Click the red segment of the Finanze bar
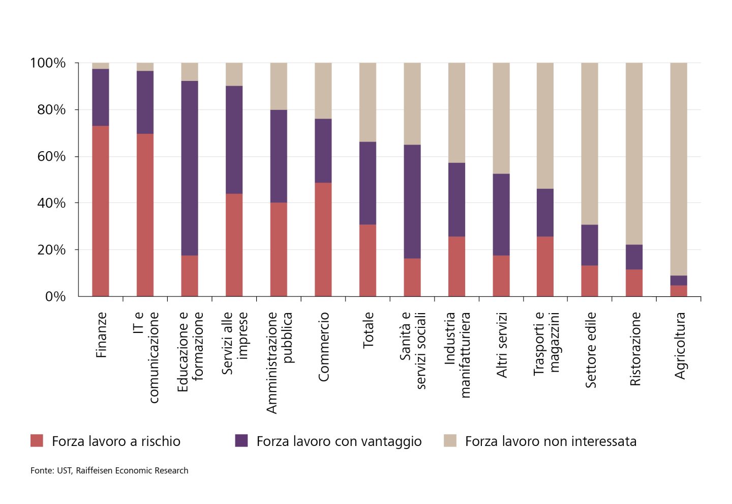click(x=101, y=211)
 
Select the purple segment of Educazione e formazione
click(x=190, y=168)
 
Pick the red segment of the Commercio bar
click(x=323, y=239)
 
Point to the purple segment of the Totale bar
click(x=368, y=183)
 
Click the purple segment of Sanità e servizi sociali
click(x=412, y=202)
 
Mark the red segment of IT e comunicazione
click(x=145, y=215)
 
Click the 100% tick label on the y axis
click(x=48, y=63)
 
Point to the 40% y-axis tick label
click(x=51, y=203)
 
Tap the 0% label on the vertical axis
click(x=55, y=297)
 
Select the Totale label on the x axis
click(x=368, y=330)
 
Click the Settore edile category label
click(x=591, y=350)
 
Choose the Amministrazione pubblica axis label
click(x=279, y=362)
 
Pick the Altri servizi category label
click(x=502, y=345)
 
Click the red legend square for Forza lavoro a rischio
click(x=37, y=441)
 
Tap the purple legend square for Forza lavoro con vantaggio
click(x=241, y=441)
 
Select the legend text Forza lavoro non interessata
click(x=551, y=441)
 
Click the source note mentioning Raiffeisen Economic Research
click(x=109, y=470)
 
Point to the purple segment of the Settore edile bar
click(x=590, y=245)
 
